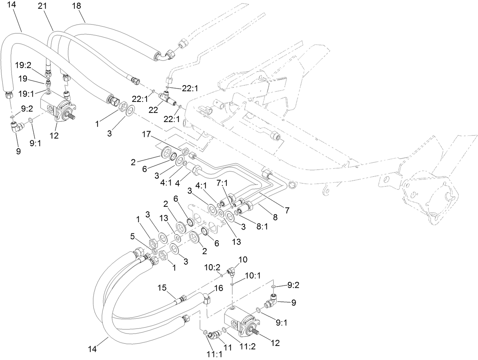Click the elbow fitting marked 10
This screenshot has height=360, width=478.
pyautogui.click(x=231, y=271)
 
